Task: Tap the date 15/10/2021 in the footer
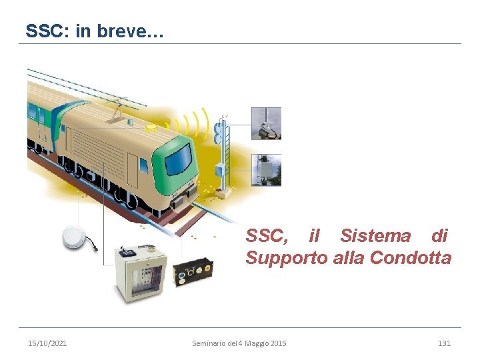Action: click(47, 343)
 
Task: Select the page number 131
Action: click(444, 343)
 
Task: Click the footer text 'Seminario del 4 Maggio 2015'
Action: click(239, 343)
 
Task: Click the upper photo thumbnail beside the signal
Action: click(266, 123)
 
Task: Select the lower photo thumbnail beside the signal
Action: click(266, 170)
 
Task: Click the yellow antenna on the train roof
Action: click(152, 126)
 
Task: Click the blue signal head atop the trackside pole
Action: click(217, 134)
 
